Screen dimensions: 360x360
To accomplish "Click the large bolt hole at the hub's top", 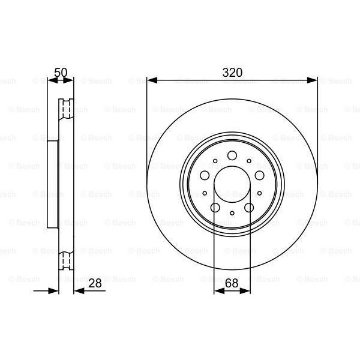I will (x=232, y=155).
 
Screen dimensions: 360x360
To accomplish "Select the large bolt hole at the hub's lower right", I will (x=248, y=207).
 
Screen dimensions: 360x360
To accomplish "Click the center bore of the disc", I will (x=232, y=185).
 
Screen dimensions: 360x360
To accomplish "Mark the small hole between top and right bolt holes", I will (x=249, y=160).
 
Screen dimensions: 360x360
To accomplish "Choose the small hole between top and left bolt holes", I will (x=215, y=160).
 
